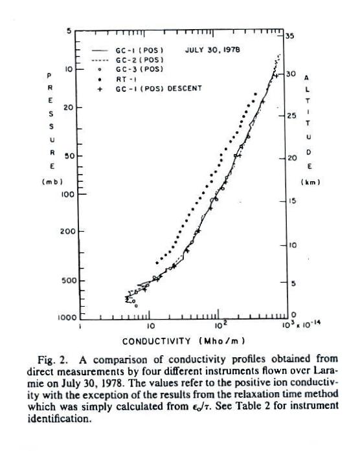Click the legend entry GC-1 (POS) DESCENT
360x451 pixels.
pyautogui.click(x=150, y=89)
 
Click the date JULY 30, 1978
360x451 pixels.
pyautogui.click(x=212, y=50)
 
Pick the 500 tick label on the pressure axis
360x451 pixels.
pyautogui.click(x=69, y=280)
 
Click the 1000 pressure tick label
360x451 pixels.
pyautogui.click(x=67, y=318)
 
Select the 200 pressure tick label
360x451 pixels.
pyautogui.click(x=68, y=231)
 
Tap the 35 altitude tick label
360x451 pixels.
pyautogui.click(x=290, y=36)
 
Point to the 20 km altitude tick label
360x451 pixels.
pyautogui.click(x=292, y=158)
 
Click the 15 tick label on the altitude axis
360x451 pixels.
pyautogui.click(x=292, y=201)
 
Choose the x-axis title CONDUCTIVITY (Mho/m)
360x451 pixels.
pyautogui.click(x=184, y=342)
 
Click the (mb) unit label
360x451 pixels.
pyautogui.click(x=52, y=182)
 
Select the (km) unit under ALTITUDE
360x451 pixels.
pyautogui.click(x=311, y=182)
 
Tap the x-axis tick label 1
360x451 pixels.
pyautogui.click(x=80, y=327)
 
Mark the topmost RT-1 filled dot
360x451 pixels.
pyautogui.click(x=255, y=94)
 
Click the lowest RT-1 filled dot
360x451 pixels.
pyautogui.click(x=157, y=263)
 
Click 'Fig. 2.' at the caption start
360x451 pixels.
pyautogui.click(x=53, y=360)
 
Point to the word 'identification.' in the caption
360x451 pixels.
pyautogui.click(x=60, y=419)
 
